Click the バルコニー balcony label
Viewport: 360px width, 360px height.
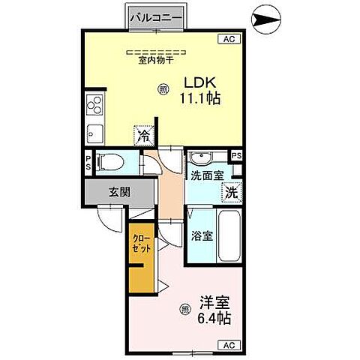click(155, 16)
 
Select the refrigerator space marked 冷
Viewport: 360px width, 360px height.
click(142, 137)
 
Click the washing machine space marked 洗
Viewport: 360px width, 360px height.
click(232, 191)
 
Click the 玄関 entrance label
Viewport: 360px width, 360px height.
click(119, 192)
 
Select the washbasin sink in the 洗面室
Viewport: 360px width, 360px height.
click(199, 158)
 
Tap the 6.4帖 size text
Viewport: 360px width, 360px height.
click(214, 318)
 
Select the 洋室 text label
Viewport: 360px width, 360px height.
click(214, 303)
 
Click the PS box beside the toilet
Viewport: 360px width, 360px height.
click(88, 162)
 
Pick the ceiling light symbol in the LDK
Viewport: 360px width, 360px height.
click(163, 89)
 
